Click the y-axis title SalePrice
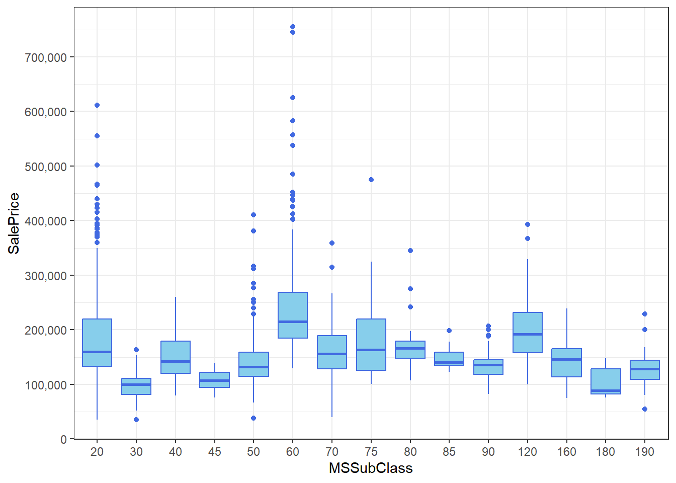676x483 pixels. [x=14, y=223]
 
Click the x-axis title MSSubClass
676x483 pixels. [x=371, y=468]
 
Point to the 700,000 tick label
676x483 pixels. [x=45, y=57]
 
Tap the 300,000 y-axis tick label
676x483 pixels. [x=45, y=276]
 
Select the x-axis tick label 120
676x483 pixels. [x=527, y=452]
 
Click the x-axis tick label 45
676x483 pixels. [x=215, y=452]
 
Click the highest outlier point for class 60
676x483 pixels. [x=293, y=27]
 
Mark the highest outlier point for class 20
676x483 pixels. [x=97, y=105]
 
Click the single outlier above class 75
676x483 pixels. [x=371, y=180]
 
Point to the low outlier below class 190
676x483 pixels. [x=645, y=409]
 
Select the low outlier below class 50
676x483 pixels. [x=253, y=418]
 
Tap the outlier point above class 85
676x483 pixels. [x=449, y=331]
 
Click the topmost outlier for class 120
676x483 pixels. [x=528, y=224]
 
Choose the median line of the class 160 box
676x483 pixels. [x=567, y=359]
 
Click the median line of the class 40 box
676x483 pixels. [x=176, y=361]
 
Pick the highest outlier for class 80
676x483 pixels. [x=410, y=251]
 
